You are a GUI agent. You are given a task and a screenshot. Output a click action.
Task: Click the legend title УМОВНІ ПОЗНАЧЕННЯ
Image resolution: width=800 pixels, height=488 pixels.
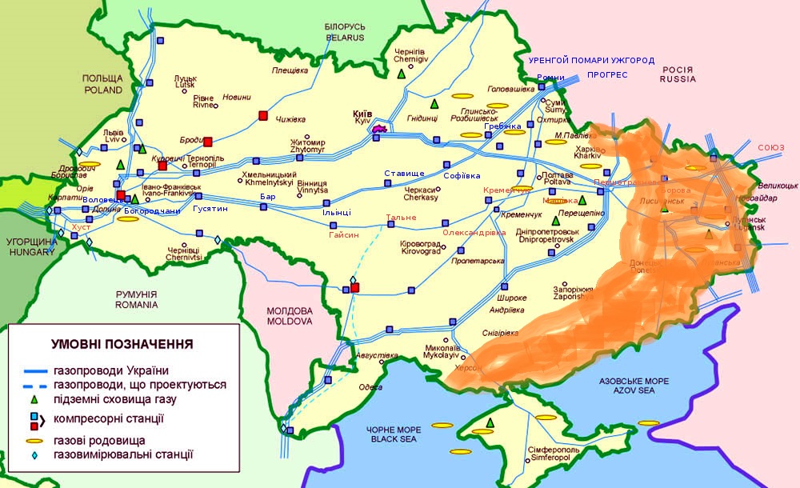point(122,344)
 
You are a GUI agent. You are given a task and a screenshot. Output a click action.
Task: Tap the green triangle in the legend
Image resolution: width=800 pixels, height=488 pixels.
point(34,398)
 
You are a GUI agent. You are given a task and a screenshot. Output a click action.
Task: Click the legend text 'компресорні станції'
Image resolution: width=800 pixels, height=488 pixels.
point(108,418)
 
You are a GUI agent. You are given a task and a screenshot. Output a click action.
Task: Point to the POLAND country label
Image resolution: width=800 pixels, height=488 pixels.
point(102,90)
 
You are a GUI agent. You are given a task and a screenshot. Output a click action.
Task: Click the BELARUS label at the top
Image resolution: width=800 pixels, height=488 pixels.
point(345,37)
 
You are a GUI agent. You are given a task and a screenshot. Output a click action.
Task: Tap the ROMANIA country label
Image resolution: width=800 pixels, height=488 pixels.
point(137,305)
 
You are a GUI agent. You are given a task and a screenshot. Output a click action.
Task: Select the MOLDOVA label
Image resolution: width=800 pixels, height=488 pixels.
point(289,321)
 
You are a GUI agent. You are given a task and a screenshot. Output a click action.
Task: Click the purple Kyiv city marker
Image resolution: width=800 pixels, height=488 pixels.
point(379,127)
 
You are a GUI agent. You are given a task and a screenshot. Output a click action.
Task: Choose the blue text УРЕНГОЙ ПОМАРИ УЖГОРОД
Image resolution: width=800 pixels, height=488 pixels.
point(591,61)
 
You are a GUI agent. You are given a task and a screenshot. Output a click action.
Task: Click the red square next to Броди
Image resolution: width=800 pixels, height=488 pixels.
point(207,142)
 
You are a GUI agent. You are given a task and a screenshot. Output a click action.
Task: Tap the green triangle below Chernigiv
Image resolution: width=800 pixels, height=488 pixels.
point(401,74)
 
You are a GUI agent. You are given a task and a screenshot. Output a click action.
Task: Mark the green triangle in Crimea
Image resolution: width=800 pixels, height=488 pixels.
point(490,422)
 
